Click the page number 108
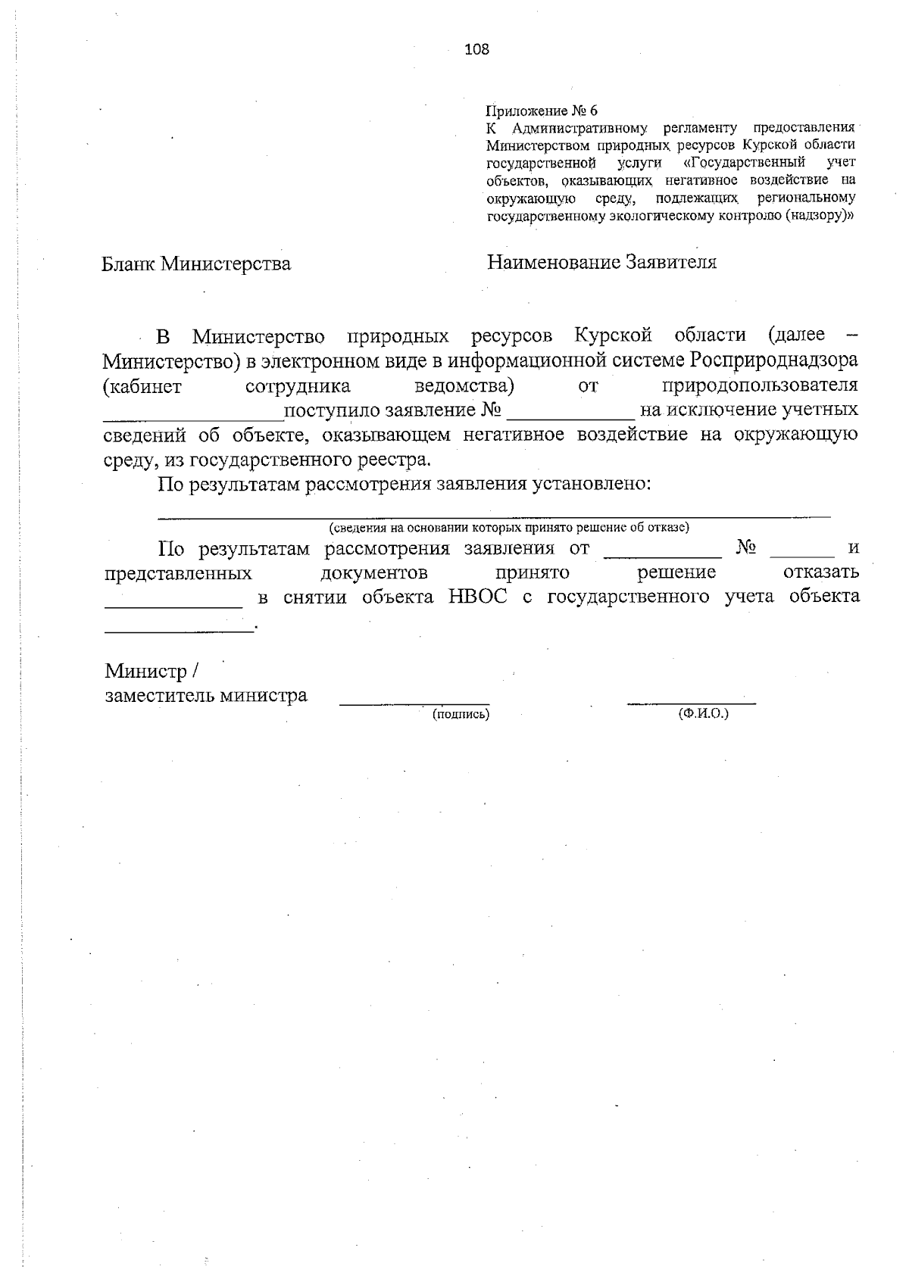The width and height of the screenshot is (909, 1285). click(x=477, y=50)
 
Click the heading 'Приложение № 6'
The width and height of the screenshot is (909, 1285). click(x=542, y=111)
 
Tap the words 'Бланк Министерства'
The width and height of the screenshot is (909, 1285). click(x=196, y=264)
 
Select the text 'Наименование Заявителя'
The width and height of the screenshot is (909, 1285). click(x=601, y=262)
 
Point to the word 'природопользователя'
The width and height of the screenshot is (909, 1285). click(x=760, y=385)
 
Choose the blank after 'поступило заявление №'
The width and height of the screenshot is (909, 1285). click(x=570, y=417)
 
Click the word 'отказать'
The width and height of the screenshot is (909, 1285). click(x=821, y=572)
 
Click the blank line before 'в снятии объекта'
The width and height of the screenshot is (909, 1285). click(x=173, y=606)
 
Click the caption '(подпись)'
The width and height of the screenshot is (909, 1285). click(x=461, y=713)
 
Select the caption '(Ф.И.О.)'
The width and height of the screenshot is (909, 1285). click(x=704, y=713)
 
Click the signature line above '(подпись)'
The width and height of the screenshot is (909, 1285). click(x=414, y=703)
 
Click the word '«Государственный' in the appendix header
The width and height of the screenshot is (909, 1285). click(x=738, y=162)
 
